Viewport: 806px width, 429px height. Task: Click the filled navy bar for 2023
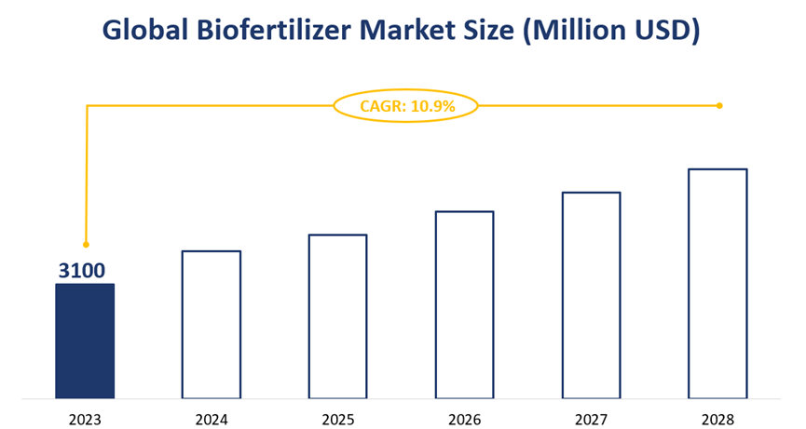point(85,341)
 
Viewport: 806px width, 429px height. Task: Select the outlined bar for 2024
point(211,324)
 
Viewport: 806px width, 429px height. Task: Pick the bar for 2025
point(337,316)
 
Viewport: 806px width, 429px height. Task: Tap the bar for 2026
point(464,304)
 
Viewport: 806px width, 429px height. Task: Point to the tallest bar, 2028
point(717,283)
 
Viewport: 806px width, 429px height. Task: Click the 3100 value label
point(82,271)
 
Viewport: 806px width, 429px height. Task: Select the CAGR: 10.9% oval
point(405,106)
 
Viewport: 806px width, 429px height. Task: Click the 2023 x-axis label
point(85,420)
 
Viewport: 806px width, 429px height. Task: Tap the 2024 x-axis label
point(212,420)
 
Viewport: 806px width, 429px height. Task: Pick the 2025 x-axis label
point(337,420)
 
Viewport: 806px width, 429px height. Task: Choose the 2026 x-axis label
point(464,420)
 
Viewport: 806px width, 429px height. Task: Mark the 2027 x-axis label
point(591,420)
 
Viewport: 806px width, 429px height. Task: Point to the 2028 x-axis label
point(717,420)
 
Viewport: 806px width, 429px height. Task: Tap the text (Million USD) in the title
point(610,31)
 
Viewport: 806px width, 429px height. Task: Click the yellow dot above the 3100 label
point(86,245)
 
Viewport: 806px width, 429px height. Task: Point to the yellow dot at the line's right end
point(719,105)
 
